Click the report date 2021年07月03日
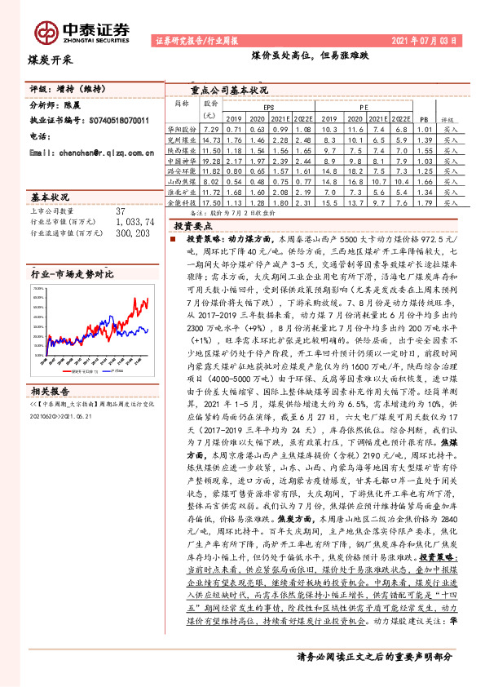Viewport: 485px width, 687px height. [433, 39]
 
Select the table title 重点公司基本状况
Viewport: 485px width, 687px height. [230, 91]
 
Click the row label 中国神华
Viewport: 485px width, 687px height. [183, 162]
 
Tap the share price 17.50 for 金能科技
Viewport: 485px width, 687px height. [211, 202]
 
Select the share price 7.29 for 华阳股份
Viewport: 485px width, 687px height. [211, 130]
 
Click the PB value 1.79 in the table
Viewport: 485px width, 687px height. [424, 202]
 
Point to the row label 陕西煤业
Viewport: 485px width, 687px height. [183, 152]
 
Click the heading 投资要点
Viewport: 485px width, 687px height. [194, 225]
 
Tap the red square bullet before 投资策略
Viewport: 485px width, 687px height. [172, 242]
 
